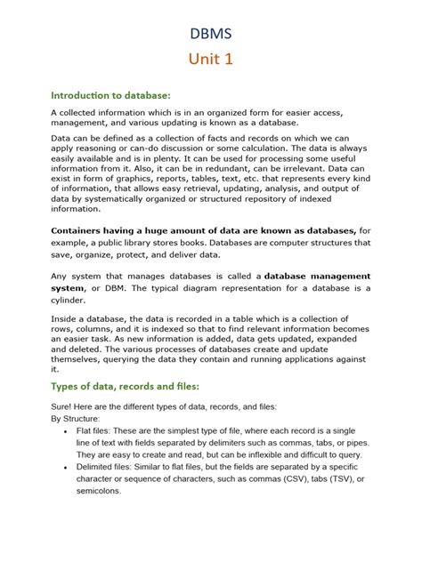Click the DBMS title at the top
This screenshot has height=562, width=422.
pos(210,33)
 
